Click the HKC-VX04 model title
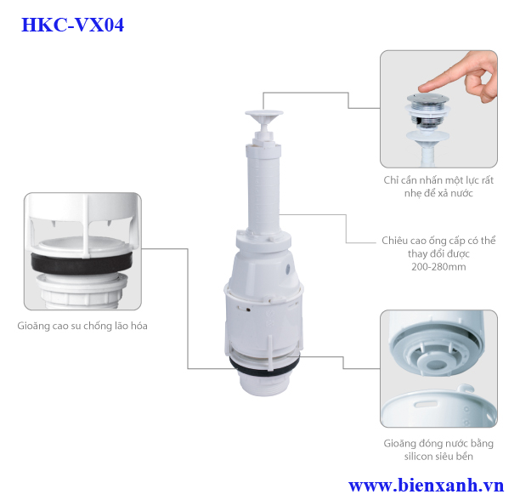pos(72,25)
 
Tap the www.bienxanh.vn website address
pos(426,486)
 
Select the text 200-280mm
pos(438,267)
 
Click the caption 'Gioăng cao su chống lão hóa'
pos(82,326)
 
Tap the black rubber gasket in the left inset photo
pos(82,263)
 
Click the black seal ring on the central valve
pos(264,367)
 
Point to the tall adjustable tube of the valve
pos(263,189)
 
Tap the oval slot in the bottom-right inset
pos(426,404)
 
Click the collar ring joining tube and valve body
pos(263,241)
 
